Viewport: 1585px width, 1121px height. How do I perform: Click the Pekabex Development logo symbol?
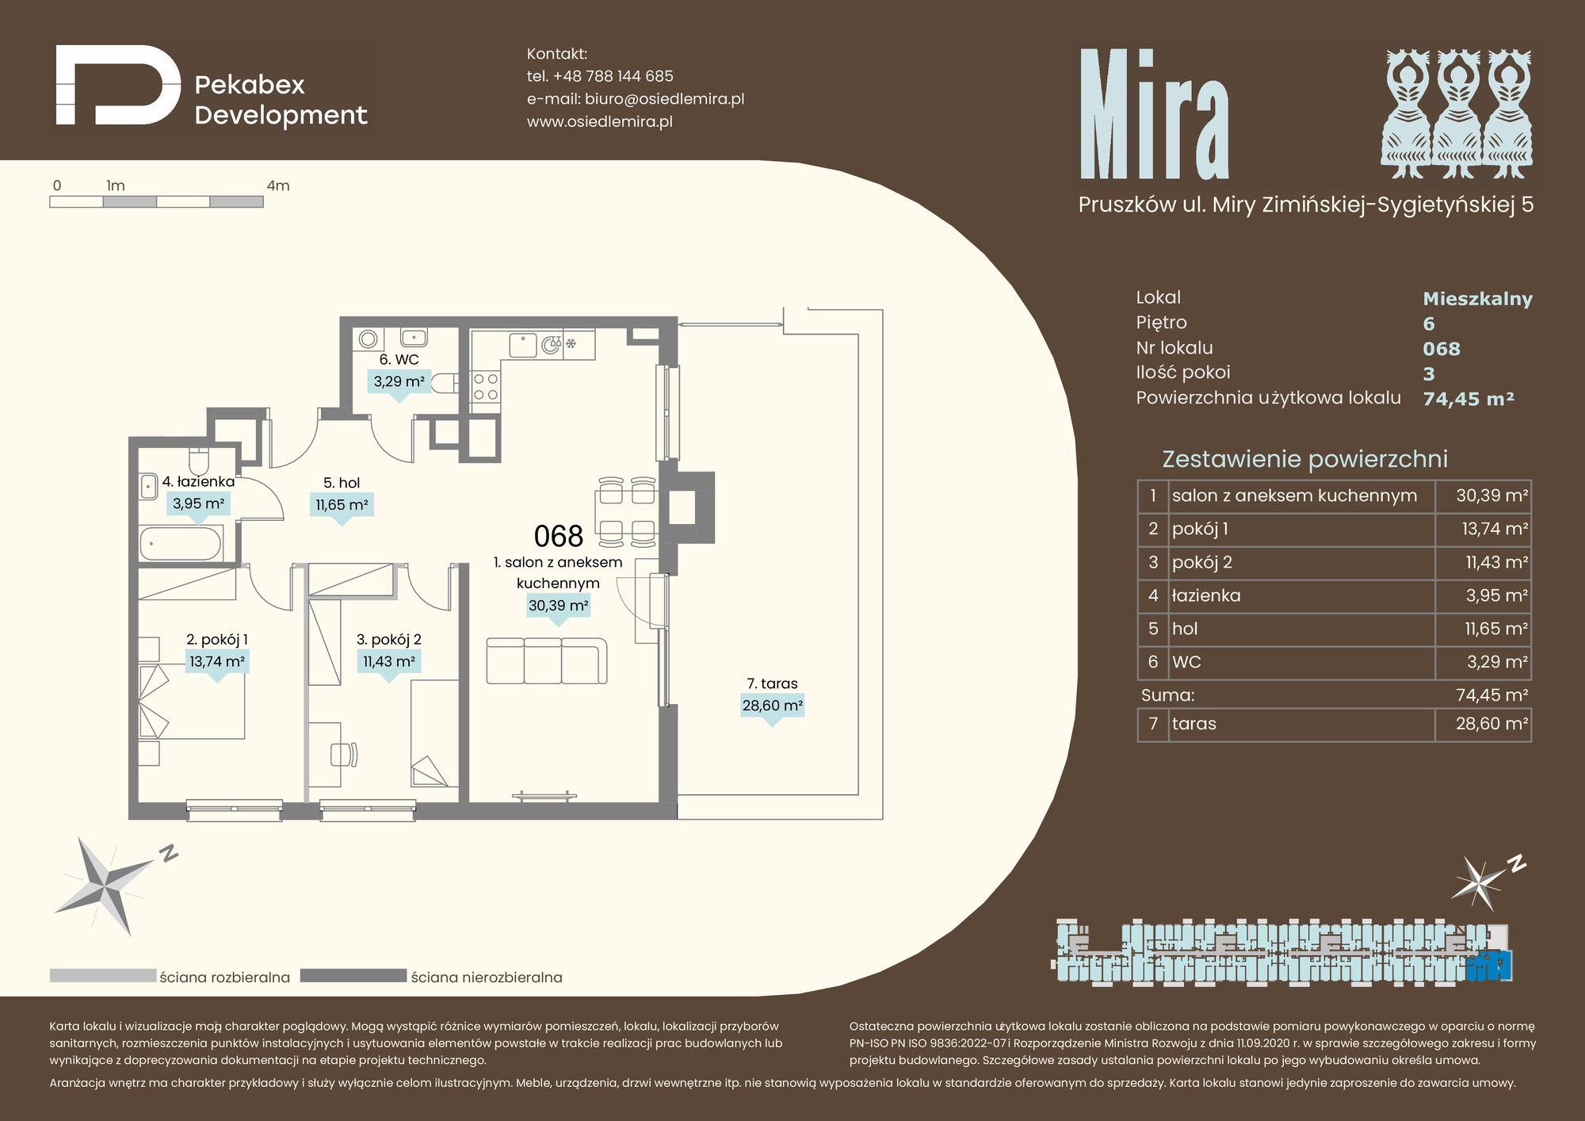119,85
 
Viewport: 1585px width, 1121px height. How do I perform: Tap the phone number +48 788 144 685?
613,76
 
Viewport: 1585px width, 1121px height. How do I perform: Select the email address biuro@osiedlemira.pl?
664,99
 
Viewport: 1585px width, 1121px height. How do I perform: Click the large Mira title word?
1154,114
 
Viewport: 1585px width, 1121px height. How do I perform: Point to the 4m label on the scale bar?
278,186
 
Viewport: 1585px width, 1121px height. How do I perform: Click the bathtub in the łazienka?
181,544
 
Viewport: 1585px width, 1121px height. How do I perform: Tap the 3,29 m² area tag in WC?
399,381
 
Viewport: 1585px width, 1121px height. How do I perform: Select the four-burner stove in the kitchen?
486,387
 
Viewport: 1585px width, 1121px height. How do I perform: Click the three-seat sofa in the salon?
547,660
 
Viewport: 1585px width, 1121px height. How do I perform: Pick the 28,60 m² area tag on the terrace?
773,706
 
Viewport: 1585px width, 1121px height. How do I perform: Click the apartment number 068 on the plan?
559,537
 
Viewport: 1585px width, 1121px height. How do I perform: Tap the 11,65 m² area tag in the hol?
342,505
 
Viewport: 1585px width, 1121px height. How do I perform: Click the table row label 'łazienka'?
1206,595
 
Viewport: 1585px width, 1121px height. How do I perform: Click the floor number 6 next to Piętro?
1429,323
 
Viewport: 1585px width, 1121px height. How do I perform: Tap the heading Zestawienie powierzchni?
1304,459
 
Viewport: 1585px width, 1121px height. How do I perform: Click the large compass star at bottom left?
109,886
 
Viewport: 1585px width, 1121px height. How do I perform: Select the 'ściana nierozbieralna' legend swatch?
353,976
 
